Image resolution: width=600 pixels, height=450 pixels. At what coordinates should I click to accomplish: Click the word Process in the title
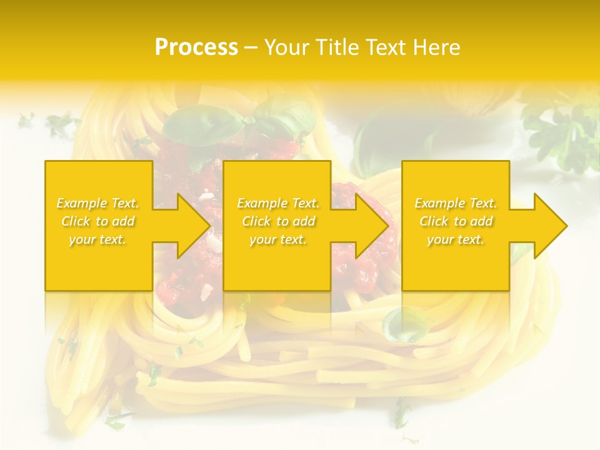196,47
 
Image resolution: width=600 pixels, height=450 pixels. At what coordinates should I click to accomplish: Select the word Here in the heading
436,47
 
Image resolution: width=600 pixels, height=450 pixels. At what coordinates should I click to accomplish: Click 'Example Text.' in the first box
98,203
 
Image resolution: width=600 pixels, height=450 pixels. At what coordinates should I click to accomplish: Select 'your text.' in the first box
98,239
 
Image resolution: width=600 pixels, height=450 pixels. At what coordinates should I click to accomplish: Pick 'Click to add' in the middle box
278,221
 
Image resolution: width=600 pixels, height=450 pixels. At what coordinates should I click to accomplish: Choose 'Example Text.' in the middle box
278,203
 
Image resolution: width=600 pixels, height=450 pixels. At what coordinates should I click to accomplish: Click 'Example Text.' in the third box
456,203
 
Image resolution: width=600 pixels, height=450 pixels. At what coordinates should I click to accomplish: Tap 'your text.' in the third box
456,239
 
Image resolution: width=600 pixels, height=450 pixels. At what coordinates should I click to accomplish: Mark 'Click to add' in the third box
456,221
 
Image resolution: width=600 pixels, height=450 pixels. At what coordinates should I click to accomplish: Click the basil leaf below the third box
406,325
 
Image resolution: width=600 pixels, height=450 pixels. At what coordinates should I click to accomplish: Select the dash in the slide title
251,47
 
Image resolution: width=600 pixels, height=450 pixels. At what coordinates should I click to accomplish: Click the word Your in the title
288,47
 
